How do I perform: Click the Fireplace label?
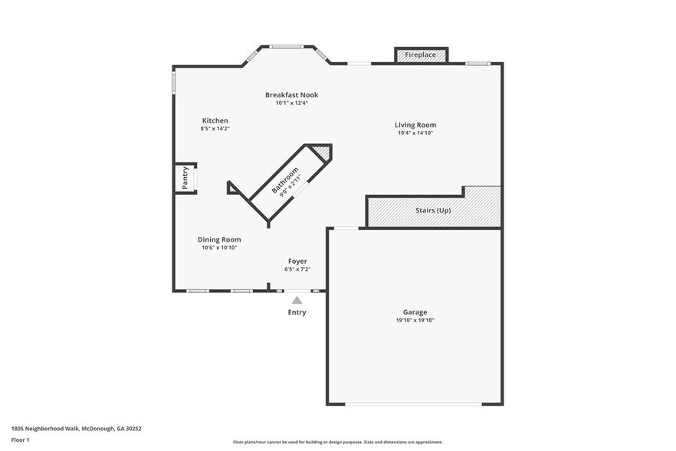[421, 55]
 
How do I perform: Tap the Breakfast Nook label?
[291, 95]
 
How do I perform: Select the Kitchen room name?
[215, 120]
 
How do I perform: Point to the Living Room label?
[415, 125]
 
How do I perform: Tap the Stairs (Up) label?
[433, 210]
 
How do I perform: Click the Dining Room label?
[219, 240]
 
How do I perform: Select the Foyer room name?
[297, 262]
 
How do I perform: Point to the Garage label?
[415, 312]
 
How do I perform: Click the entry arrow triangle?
[297, 301]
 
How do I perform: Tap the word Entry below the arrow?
[297, 312]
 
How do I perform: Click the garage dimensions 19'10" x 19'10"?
[415, 321]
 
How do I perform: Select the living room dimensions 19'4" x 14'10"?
[415, 133]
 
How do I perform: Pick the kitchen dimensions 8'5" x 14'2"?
[215, 129]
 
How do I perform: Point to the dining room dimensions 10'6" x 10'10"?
[219, 248]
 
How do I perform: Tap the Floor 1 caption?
[20, 439]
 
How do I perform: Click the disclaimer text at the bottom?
[337, 442]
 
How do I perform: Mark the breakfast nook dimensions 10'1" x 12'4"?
[291, 104]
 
